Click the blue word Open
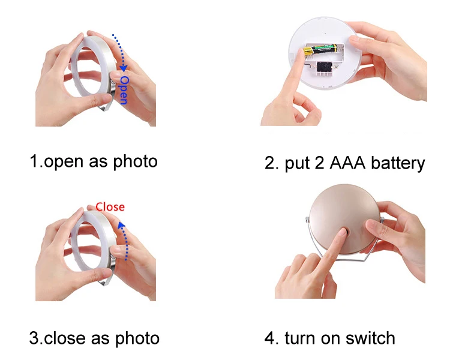(124, 89)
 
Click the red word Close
(110, 207)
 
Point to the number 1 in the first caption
(34, 161)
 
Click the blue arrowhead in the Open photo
(124, 68)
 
